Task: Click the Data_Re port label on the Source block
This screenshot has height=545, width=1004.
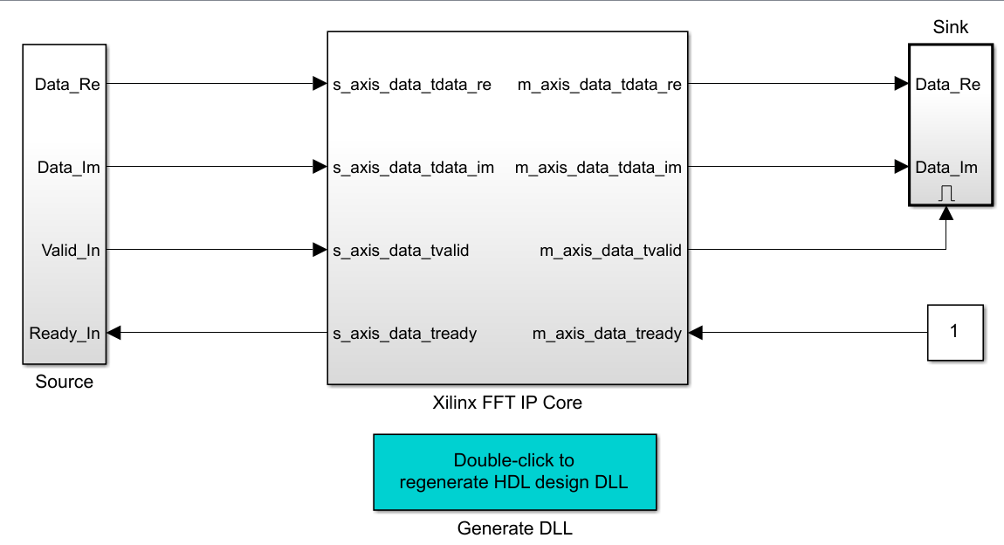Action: tap(68, 85)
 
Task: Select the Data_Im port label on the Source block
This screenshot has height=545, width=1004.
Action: tap(69, 168)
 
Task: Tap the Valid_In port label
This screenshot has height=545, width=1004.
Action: tap(71, 251)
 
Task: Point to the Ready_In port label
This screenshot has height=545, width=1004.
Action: tap(65, 333)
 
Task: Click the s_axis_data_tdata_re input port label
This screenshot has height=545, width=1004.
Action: tap(412, 85)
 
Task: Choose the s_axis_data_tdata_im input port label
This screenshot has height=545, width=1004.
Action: tap(414, 168)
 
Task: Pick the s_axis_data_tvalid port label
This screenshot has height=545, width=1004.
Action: tap(401, 251)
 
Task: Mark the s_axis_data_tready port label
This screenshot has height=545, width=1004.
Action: tap(405, 333)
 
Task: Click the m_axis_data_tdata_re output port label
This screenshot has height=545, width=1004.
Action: tap(599, 85)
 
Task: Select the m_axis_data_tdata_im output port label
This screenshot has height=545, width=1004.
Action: tap(598, 168)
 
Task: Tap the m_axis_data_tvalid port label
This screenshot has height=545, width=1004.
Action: tap(610, 251)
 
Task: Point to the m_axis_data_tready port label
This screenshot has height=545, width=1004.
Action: tap(607, 333)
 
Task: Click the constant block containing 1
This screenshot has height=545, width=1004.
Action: tap(954, 332)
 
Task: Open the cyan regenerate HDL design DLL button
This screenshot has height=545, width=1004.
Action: tap(514, 472)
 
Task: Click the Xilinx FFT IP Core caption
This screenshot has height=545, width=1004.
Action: tap(507, 403)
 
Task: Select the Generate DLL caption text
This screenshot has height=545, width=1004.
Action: tap(515, 528)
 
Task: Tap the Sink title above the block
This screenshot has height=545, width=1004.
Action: tap(951, 27)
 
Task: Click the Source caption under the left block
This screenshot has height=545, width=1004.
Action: tap(64, 382)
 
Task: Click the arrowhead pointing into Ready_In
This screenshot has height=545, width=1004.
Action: tap(113, 333)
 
